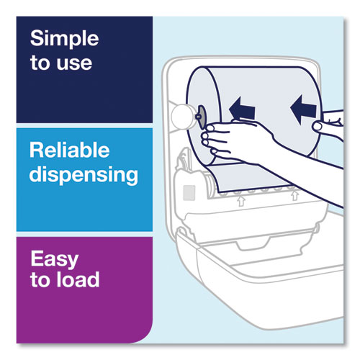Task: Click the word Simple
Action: pyautogui.click(x=65, y=40)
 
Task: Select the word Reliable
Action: pyautogui.click(x=70, y=150)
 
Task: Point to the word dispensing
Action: pyautogui.click(x=84, y=175)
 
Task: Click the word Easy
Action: pyautogui.click(x=55, y=259)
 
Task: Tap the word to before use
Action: pyautogui.click(x=40, y=63)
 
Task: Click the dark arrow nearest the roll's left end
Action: pyautogui.click(x=242, y=109)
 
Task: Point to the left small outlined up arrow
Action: pyautogui.click(x=241, y=201)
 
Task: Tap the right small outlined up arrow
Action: pyautogui.click(x=294, y=195)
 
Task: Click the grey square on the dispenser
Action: pyautogui.click(x=189, y=193)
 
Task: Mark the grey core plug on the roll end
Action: pyautogui.click(x=201, y=117)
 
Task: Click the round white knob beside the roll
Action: pyautogui.click(x=183, y=117)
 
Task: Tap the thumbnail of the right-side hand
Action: pyautogui.click(x=318, y=127)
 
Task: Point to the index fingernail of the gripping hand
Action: pyautogui.click(x=210, y=127)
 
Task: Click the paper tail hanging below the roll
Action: pyautogui.click(x=250, y=177)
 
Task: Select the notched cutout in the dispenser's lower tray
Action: pyautogui.click(x=253, y=243)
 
